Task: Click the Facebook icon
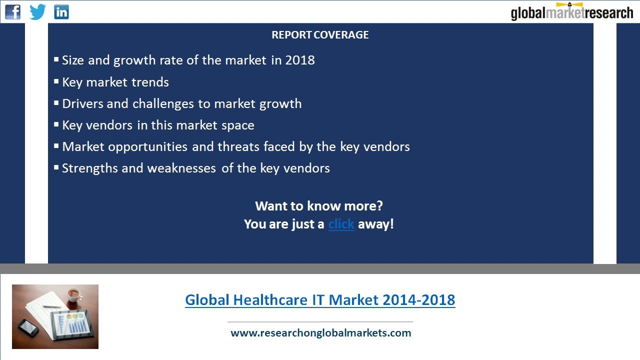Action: point(13,11)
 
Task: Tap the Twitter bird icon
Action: point(37,11)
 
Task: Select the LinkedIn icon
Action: point(61,11)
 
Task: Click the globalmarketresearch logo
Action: point(571,12)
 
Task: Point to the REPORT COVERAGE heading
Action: point(320,35)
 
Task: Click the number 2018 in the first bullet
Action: point(300,60)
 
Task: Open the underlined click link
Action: point(341,224)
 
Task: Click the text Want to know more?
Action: point(319,206)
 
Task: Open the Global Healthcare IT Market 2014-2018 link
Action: point(320,300)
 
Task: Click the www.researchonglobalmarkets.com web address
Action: point(320,333)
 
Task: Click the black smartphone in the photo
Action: point(28,327)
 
